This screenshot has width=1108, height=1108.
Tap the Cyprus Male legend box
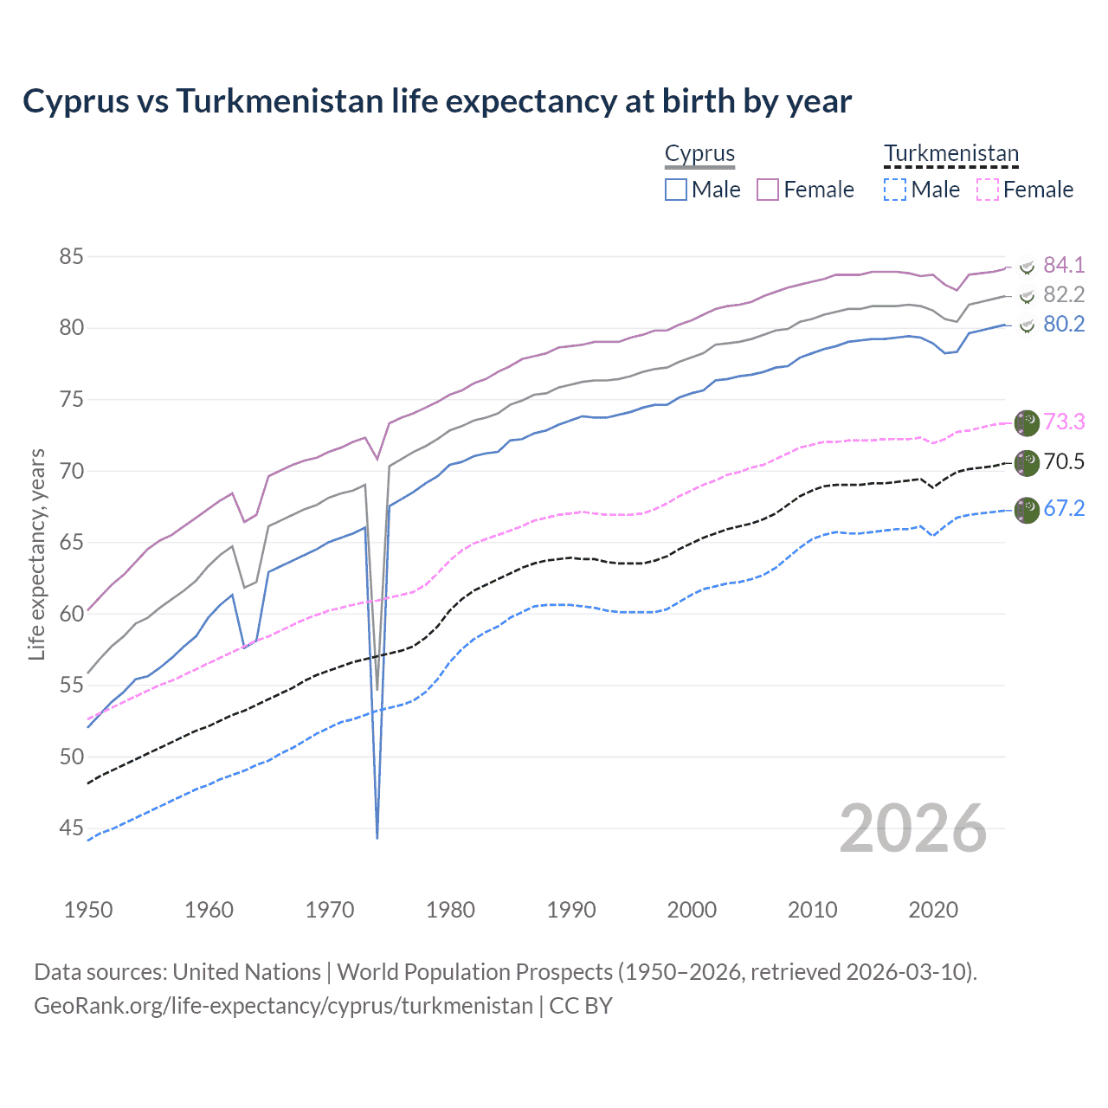point(676,190)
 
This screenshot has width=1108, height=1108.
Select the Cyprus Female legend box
point(768,190)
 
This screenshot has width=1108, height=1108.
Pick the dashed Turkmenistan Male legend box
point(895,190)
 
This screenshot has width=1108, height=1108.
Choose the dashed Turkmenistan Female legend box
point(987,190)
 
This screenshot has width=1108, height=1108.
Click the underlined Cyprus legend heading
point(699,154)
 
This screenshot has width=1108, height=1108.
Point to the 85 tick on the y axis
point(71,257)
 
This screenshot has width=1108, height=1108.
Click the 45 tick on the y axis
point(71,828)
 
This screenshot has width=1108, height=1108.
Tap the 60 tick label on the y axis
point(71,614)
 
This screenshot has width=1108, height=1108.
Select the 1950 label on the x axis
point(88,910)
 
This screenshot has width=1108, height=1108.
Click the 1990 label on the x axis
point(571,910)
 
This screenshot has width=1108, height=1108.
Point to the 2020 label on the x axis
point(933,910)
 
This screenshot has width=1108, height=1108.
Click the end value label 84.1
point(1064,266)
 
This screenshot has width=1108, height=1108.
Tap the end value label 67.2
point(1064,508)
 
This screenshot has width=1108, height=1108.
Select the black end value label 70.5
point(1064,462)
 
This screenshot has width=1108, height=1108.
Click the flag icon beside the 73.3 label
point(1027,422)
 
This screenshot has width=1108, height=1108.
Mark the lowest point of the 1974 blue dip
point(377,838)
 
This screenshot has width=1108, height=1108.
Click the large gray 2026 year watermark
point(913,828)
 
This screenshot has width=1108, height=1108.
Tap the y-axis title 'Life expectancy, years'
point(37,554)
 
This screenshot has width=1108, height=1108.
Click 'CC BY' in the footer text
point(581,1006)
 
